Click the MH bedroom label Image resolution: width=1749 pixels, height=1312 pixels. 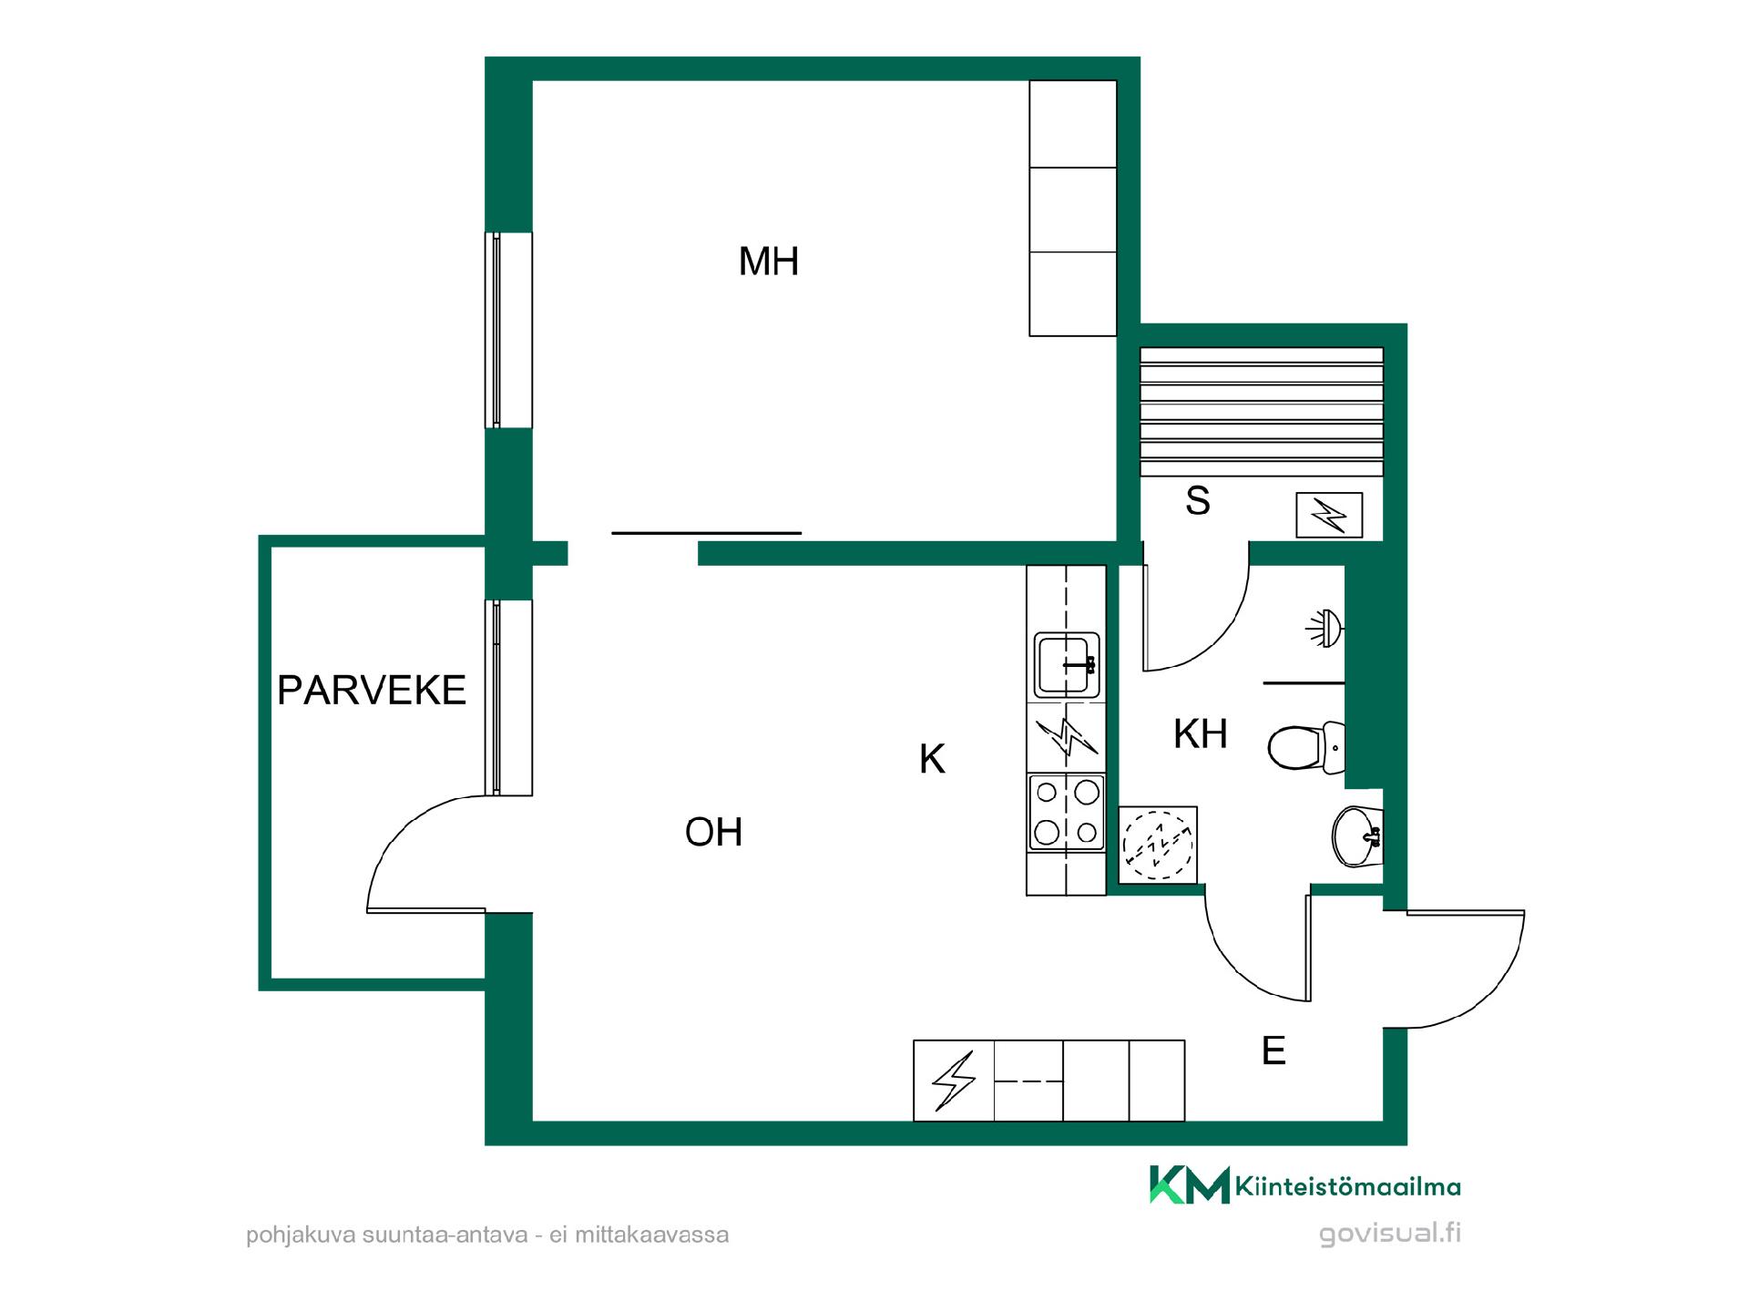[x=769, y=261]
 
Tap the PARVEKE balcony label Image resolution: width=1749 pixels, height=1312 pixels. [x=372, y=691]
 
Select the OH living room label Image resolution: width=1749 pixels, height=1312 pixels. [x=714, y=832]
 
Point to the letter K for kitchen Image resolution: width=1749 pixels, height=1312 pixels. [x=932, y=759]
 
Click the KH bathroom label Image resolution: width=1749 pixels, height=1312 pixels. [x=1201, y=734]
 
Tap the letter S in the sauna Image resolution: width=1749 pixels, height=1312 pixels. [x=1198, y=501]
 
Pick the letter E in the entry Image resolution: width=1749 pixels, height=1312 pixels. [x=1273, y=1051]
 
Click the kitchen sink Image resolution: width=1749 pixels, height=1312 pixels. [x=1067, y=665]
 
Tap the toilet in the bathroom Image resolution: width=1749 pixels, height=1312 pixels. [x=1306, y=747]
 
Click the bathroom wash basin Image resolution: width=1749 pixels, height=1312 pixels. [x=1357, y=836]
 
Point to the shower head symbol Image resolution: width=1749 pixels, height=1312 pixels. [x=1325, y=628]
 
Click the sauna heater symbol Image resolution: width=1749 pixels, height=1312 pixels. [x=1329, y=516]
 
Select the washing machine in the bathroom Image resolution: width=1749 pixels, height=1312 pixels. [x=1158, y=845]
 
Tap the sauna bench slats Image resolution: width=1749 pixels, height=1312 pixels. [x=1262, y=411]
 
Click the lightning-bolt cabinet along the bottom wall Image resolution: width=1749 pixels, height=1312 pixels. [x=954, y=1081]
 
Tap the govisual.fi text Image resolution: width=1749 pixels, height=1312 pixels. [x=1390, y=1234]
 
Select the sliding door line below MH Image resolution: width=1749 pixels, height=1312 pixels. [x=707, y=533]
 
